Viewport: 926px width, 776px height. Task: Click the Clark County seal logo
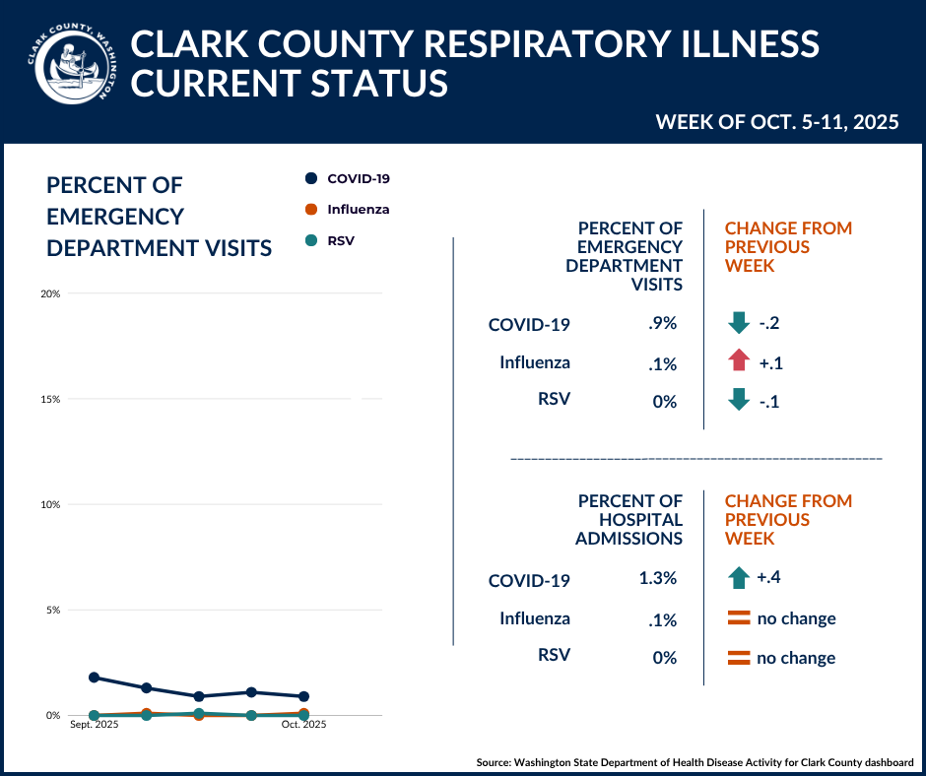tap(71, 65)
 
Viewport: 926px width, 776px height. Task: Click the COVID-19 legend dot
tap(311, 178)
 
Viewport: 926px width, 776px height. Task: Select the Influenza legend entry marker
tap(311, 209)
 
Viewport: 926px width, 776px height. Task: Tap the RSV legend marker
tap(311, 239)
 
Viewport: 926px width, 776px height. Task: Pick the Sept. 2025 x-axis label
tap(94, 725)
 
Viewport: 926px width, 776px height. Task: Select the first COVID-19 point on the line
tap(94, 678)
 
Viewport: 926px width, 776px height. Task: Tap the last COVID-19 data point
tap(303, 696)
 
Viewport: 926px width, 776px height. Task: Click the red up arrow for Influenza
tap(739, 361)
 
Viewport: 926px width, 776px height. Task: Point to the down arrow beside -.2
tap(739, 322)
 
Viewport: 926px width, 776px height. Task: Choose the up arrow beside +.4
tap(739, 577)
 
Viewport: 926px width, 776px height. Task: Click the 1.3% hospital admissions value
tap(657, 578)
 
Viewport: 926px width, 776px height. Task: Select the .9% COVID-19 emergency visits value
tap(663, 323)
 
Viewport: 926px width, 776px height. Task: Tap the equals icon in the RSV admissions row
tap(739, 658)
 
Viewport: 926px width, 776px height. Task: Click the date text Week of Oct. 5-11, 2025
tap(777, 122)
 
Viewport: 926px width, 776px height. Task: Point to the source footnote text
tap(694, 762)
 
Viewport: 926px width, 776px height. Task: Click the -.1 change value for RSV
tap(769, 401)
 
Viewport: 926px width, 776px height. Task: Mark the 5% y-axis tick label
tap(53, 610)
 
